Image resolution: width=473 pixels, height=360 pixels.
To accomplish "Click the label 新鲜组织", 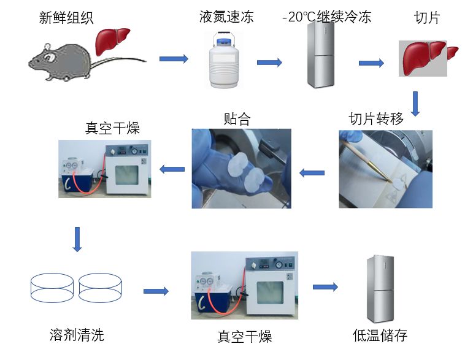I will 66,18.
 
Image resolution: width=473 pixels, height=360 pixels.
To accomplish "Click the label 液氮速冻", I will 226,17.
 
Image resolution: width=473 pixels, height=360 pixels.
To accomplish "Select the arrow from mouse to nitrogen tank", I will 174,59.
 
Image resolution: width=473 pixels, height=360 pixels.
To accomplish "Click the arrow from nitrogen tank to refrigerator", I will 269,63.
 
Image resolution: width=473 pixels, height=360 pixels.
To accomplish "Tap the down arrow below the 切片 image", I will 415,104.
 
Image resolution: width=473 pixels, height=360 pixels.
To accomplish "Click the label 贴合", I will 237,118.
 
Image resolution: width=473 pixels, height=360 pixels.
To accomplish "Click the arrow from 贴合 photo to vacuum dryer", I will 172,169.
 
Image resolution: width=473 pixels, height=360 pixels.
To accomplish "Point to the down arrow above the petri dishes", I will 77,239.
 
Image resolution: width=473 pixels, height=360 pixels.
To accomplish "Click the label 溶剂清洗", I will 77,335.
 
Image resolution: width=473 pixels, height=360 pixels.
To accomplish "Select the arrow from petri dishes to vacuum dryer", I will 156,291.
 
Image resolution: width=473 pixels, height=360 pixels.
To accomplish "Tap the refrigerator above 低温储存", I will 380,288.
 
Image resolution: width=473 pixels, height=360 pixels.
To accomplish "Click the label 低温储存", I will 380,335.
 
